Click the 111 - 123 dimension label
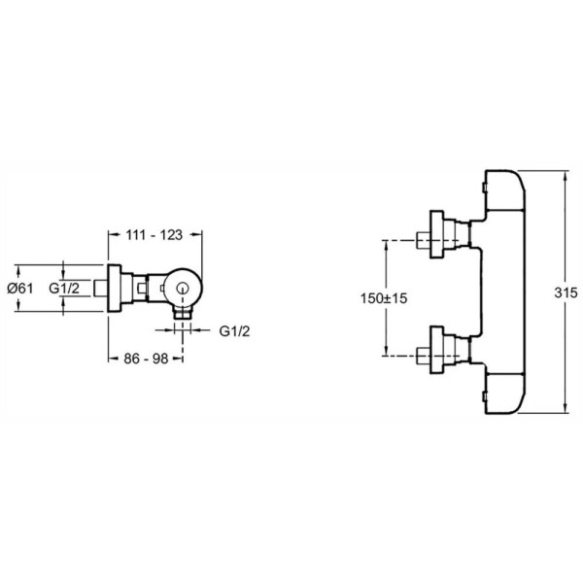[154, 235]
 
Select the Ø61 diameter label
[20, 289]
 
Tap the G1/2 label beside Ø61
[64, 289]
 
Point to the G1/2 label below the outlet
[234, 331]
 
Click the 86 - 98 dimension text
[146, 359]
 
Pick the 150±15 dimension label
[384, 298]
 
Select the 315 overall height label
[566, 292]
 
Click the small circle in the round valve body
[183, 288]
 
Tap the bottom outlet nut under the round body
[183, 312]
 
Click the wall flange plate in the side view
[114, 289]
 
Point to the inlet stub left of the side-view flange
[100, 289]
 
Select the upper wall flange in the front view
[437, 234]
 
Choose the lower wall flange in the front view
[437, 350]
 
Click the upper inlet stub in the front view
[424, 240]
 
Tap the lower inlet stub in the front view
[424, 356]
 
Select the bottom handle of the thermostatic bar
[505, 394]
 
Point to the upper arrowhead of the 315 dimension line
[566, 176]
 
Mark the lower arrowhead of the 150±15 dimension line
[387, 351]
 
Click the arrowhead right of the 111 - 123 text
[196, 234]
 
